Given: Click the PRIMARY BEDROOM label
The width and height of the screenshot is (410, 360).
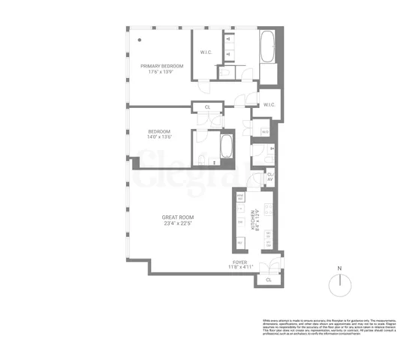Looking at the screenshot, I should (162, 66).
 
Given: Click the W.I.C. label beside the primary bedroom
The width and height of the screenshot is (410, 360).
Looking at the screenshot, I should (207, 52).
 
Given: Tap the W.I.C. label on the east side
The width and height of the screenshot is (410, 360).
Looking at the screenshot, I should (270, 105).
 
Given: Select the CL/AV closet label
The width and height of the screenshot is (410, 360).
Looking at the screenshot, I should (270, 177).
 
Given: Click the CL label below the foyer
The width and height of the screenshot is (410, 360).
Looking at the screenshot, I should (268, 279).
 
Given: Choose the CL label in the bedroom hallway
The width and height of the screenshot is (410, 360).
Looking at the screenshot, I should (207, 107).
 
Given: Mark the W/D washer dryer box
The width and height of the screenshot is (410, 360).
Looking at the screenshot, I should (264, 132).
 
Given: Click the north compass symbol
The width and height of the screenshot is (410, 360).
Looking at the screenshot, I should (339, 283).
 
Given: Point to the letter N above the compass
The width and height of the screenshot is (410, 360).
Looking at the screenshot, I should (339, 268).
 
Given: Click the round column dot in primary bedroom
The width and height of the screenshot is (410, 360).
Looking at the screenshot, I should (140, 40).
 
